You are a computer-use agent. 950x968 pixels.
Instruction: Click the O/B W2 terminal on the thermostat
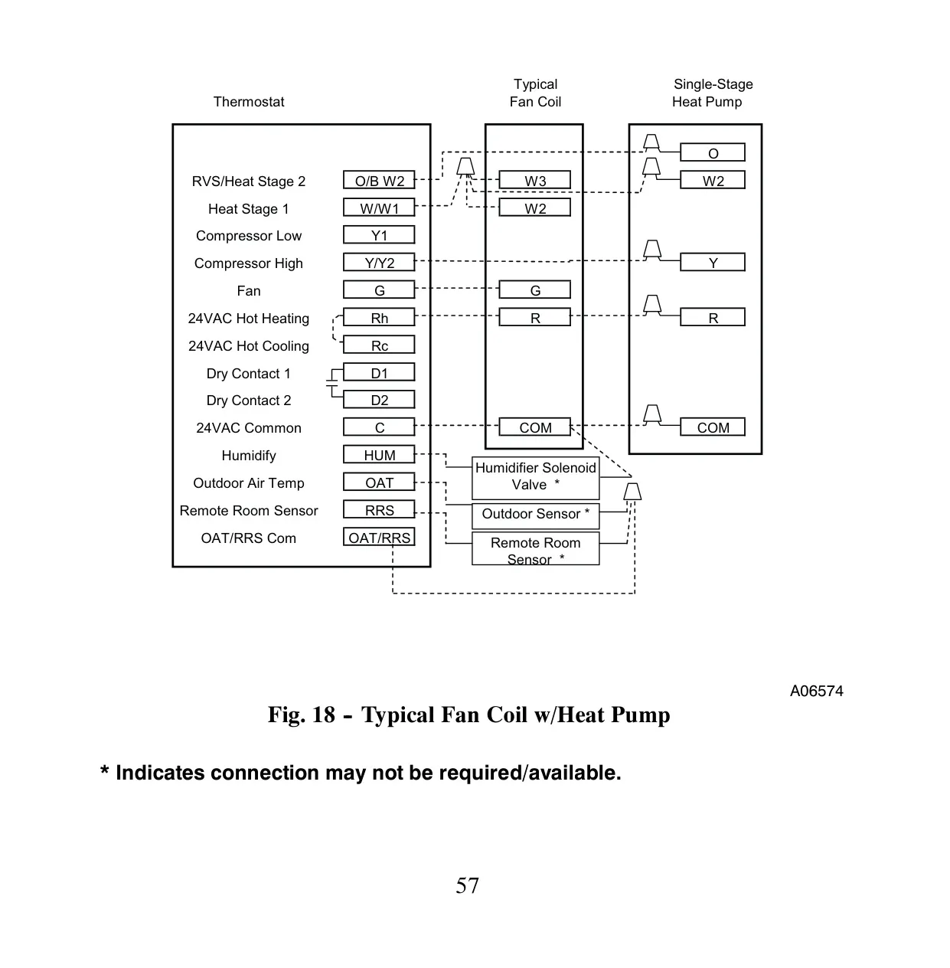[379, 180]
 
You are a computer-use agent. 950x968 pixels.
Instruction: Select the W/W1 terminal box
[379, 208]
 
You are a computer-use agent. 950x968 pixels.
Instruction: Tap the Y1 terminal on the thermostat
[379, 234]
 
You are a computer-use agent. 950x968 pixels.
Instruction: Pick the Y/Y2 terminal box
[379, 262]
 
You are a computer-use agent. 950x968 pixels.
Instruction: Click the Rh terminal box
[379, 318]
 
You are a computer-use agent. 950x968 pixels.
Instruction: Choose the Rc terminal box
[379, 345]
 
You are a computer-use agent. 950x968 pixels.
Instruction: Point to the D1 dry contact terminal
[379, 373]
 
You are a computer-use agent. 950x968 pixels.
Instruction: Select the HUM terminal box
[379, 455]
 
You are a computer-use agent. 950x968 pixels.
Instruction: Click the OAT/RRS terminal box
[379, 537]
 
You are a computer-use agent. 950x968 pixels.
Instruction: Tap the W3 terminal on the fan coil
[534, 180]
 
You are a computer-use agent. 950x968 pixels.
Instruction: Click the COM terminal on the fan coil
[534, 427]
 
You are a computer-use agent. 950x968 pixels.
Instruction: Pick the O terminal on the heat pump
[713, 152]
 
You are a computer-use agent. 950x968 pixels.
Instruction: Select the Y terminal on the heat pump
[713, 262]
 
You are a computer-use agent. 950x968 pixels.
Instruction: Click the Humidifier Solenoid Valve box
[536, 478]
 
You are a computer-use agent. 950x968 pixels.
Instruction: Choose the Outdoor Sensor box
[536, 516]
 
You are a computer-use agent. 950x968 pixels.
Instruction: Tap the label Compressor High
[249, 263]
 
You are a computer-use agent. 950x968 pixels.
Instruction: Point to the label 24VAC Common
[249, 428]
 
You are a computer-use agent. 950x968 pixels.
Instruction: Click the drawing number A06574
[816, 692]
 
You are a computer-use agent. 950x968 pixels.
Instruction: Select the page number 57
[467, 885]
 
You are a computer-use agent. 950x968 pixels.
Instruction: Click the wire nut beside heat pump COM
[652, 414]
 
